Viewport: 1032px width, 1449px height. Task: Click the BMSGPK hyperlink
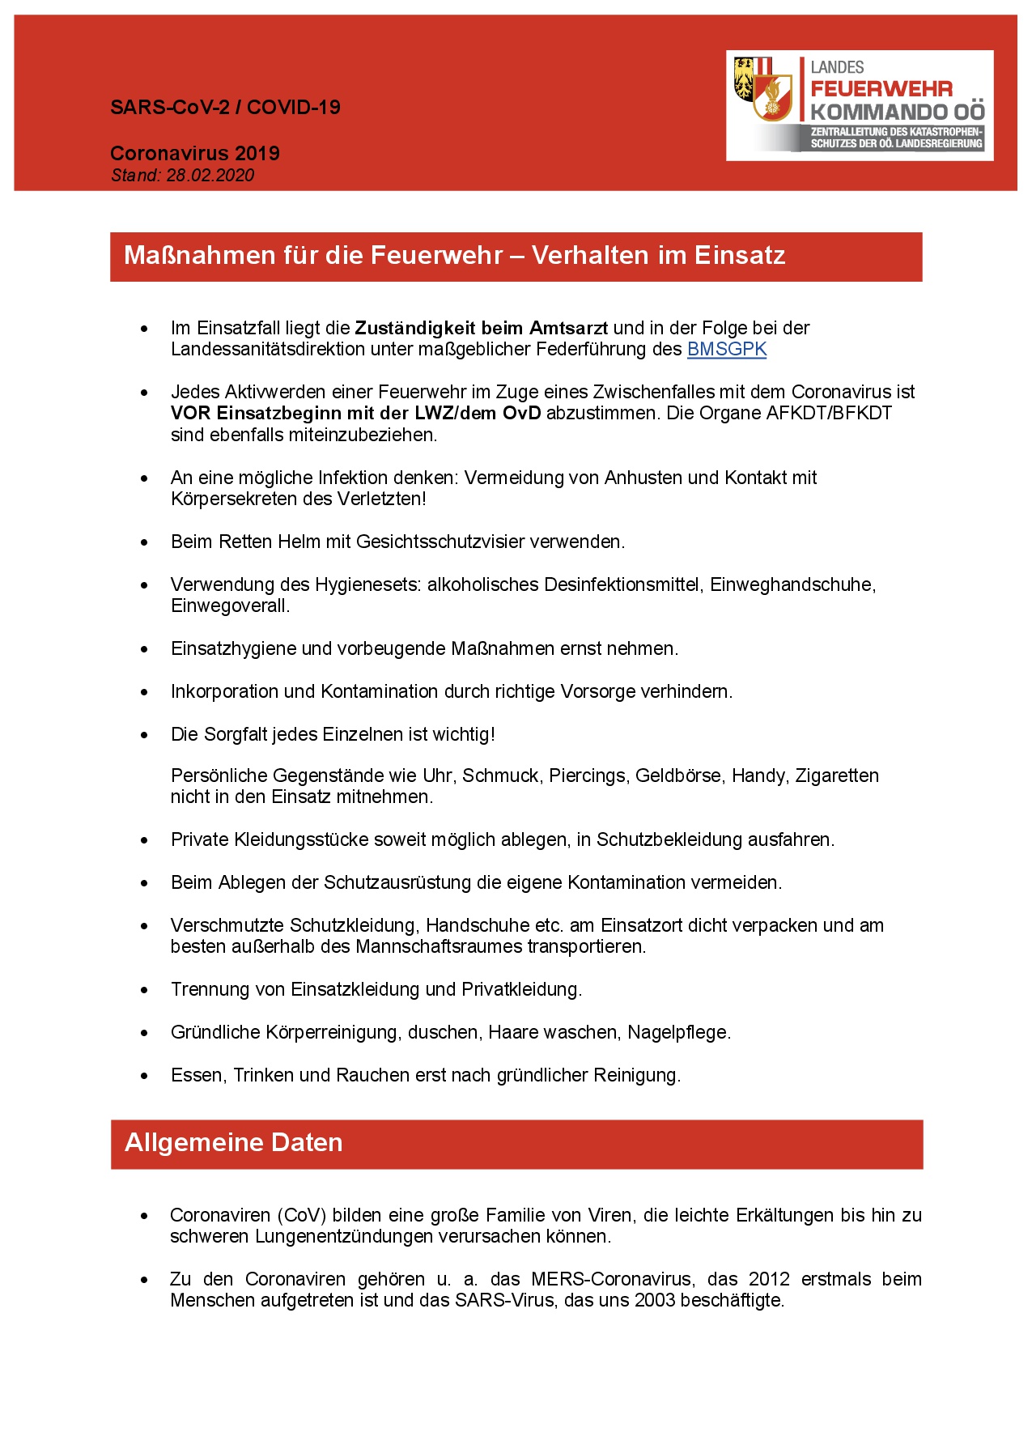726,349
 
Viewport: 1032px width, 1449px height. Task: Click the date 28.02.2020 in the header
210,176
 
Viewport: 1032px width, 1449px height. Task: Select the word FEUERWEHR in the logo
881,89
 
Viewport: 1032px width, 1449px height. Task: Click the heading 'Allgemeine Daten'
234,1142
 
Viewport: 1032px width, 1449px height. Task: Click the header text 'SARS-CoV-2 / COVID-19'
225,107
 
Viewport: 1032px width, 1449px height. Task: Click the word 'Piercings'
587,775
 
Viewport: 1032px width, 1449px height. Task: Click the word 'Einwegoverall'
229,606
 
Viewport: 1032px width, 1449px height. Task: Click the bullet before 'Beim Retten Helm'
145,542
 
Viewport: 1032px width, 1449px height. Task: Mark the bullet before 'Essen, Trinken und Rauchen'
145,1076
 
